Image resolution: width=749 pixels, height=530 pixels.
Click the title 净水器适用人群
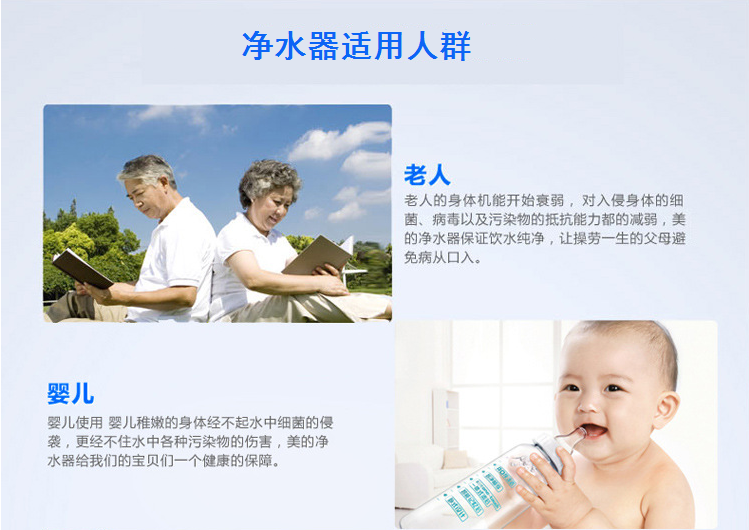pyautogui.click(x=356, y=46)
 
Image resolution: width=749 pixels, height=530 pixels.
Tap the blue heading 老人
pyautogui.click(x=427, y=175)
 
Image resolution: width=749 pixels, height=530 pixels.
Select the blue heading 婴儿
pyautogui.click(x=70, y=394)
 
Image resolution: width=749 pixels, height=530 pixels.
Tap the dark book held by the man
pyautogui.click(x=82, y=268)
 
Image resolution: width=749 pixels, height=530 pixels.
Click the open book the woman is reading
pyautogui.click(x=319, y=255)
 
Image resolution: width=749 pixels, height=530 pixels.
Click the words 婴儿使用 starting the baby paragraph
pyautogui.click(x=75, y=423)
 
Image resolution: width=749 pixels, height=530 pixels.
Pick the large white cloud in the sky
pyautogui.click(x=340, y=141)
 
